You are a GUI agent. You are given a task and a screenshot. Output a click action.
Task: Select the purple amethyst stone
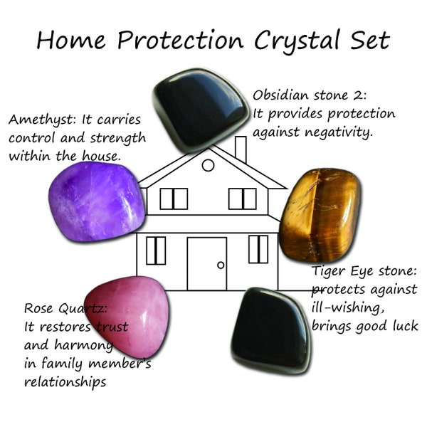(97, 201)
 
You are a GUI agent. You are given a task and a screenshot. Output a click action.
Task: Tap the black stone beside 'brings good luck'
(273, 330)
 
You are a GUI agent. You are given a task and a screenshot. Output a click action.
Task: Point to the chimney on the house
(240, 149)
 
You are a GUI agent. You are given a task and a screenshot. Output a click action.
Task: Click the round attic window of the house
(208, 165)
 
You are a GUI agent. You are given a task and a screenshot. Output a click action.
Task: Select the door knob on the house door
(221, 265)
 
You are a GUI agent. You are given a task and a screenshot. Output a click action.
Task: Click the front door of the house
(206, 264)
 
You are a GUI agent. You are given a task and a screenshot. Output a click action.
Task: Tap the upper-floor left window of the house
(173, 199)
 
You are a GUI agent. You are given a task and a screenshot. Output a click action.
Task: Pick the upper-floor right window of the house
(242, 199)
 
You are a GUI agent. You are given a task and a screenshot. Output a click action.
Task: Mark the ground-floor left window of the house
(155, 250)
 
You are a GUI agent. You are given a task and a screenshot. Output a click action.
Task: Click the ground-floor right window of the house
(258, 249)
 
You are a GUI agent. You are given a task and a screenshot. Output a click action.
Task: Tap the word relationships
(65, 382)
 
